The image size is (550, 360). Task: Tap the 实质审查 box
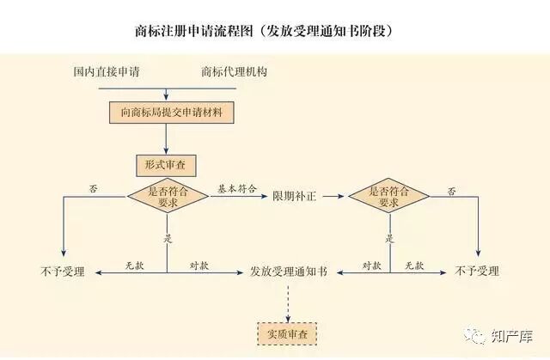point(287,332)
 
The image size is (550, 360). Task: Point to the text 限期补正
point(295,197)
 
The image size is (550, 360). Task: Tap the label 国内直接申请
point(107,71)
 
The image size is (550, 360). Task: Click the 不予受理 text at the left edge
point(62,272)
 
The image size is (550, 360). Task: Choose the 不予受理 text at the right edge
point(477,272)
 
